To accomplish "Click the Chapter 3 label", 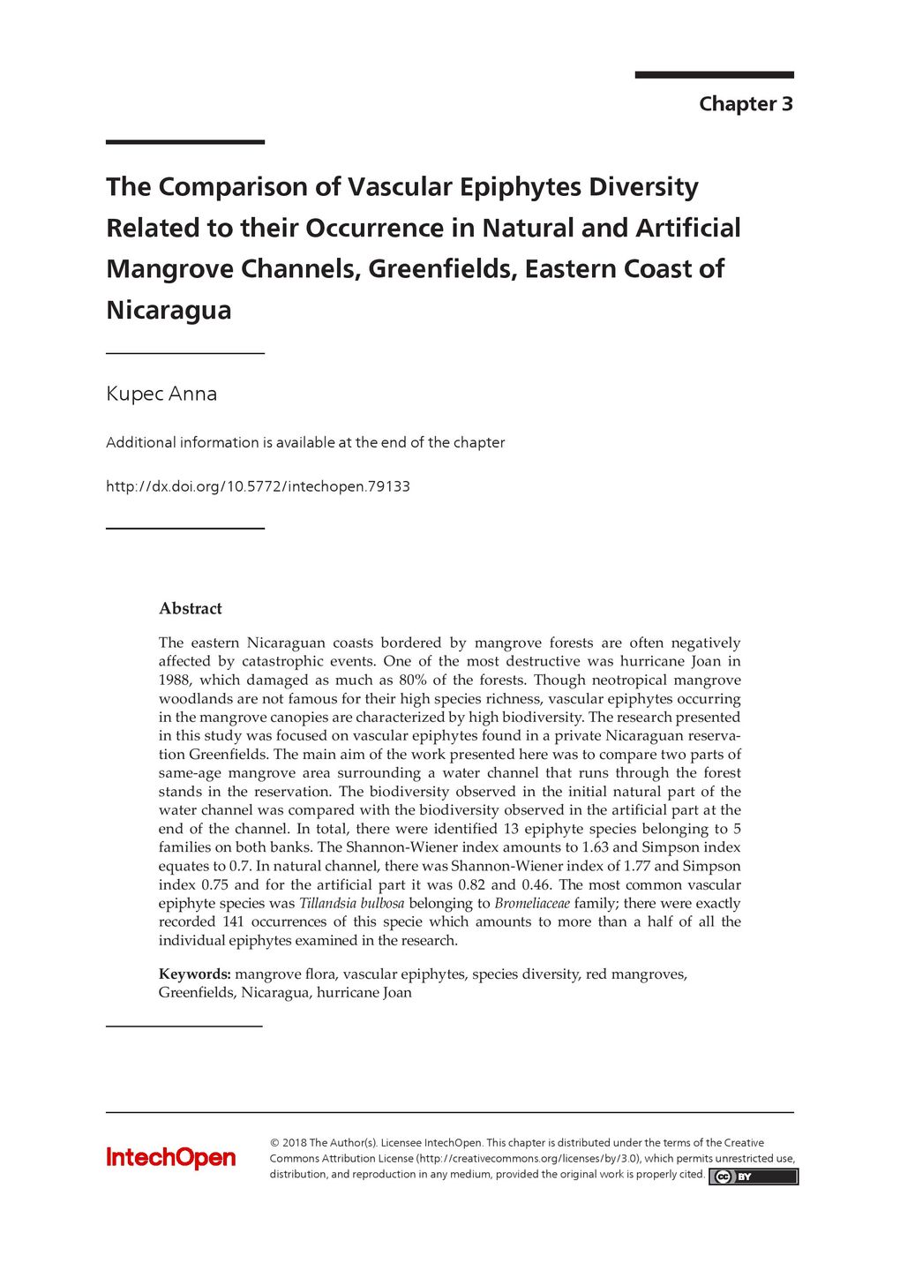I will click(x=746, y=104).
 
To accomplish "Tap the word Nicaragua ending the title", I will click(x=169, y=310).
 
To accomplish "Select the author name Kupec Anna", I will click(x=161, y=394).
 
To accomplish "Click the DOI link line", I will click(x=258, y=486).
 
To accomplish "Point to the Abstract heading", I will click(x=190, y=608).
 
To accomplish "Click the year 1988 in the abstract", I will click(x=175, y=680).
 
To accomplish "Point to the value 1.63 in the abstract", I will click(x=595, y=847).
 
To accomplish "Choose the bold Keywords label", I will click(x=194, y=974).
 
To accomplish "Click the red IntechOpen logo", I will click(x=170, y=1157).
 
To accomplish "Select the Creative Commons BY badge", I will click(x=753, y=1177).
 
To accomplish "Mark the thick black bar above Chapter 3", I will click(x=714, y=75).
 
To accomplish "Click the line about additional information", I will click(x=305, y=442).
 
